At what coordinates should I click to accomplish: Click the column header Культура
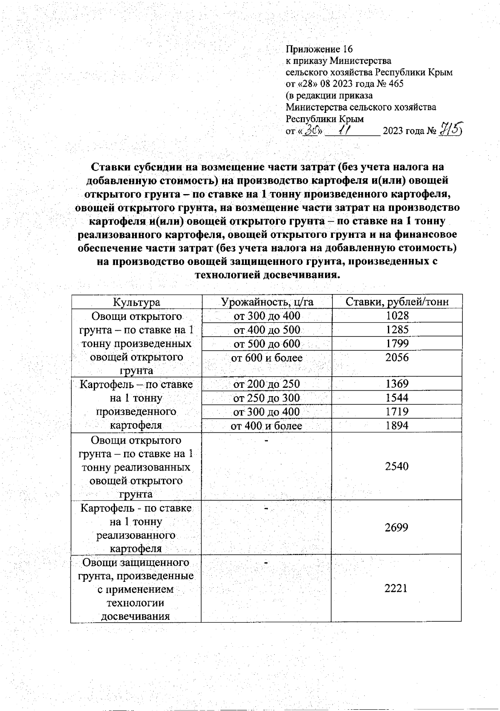(137, 302)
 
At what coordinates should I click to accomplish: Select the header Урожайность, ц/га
(267, 302)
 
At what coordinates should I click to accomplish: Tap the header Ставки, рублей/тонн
(397, 302)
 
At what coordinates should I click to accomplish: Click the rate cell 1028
(397, 316)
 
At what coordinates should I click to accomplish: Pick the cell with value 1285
(397, 329)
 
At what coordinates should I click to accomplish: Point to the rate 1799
(397, 343)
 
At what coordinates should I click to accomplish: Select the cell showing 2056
(397, 357)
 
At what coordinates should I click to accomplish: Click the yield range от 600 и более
(267, 357)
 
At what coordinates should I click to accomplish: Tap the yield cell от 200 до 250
(267, 384)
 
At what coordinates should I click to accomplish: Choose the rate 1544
(397, 397)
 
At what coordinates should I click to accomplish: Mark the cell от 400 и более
(267, 426)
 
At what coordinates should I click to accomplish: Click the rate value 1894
(397, 425)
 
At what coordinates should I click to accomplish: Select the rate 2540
(397, 466)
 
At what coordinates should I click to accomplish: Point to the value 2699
(397, 527)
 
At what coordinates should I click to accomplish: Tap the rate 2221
(396, 588)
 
